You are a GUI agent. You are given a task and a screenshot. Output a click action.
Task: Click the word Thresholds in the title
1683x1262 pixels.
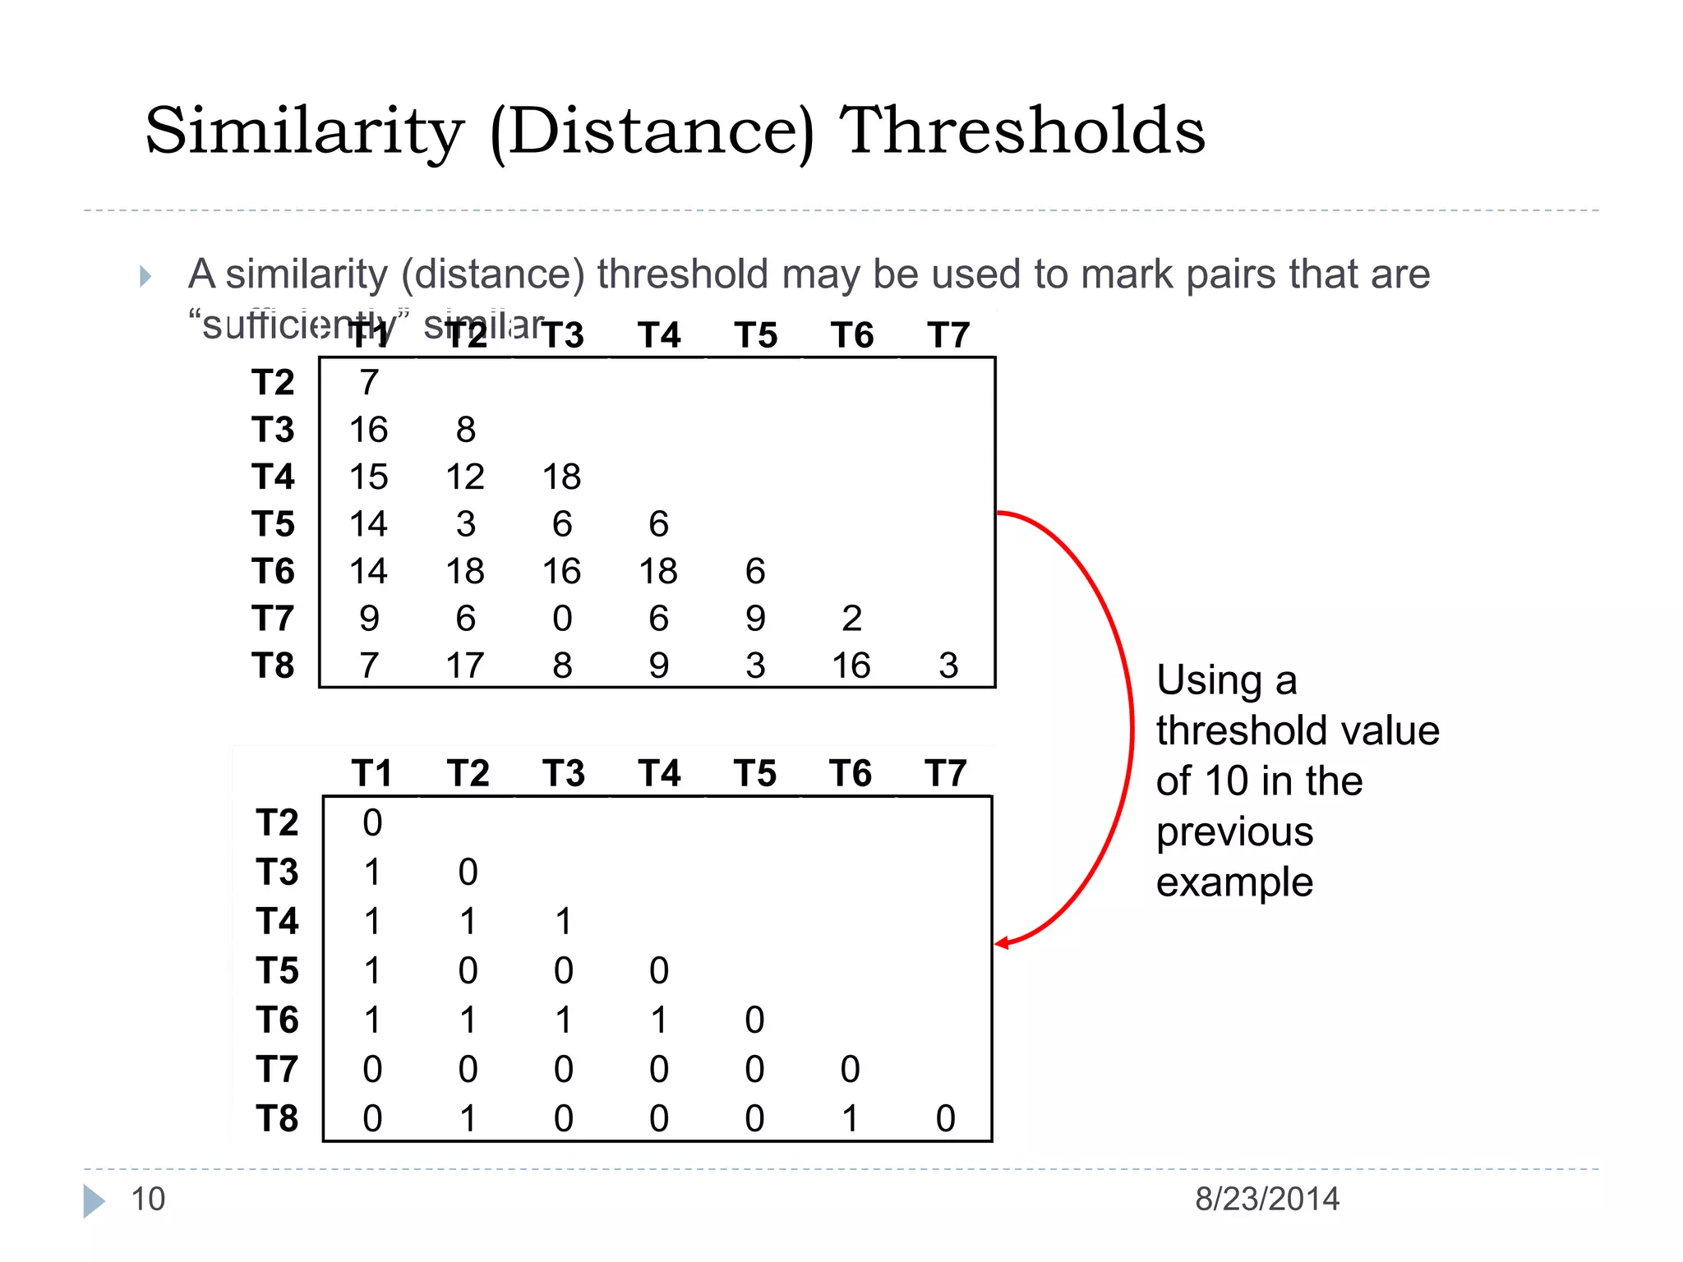pos(1022,131)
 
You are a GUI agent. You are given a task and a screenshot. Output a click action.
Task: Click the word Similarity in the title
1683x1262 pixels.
pos(304,131)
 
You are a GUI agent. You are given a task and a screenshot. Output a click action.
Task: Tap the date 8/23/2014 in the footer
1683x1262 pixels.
pos(1267,1200)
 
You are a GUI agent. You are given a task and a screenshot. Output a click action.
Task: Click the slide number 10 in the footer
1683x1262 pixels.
pos(148,1200)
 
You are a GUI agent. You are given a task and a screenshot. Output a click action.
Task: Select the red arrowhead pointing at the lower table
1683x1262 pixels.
pos(1003,943)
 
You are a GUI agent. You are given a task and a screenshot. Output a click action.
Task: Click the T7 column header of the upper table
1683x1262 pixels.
pos(948,335)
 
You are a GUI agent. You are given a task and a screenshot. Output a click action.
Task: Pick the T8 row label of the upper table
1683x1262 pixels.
pos(273,666)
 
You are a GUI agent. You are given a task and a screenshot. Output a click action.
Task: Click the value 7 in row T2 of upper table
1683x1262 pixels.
pos(369,383)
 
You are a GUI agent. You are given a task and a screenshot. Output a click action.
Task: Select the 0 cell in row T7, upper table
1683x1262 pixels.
pos(562,619)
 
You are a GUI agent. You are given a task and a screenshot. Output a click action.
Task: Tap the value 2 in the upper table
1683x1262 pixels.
pos(851,619)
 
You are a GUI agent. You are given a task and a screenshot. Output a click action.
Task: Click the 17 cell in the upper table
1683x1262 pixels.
pos(465,666)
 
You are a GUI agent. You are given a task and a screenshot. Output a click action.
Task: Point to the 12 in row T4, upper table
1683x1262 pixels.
pos(465,477)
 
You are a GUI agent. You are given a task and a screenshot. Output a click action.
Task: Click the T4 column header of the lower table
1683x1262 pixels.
pos(660,774)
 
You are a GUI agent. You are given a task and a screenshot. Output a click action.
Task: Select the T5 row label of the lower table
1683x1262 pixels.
pos(277,971)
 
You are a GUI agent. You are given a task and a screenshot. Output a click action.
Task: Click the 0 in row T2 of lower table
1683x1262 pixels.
pos(372,823)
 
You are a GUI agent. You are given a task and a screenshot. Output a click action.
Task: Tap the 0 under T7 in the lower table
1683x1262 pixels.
pos(946,1119)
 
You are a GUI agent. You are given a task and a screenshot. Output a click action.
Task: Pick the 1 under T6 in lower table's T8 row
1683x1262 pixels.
pos(850,1119)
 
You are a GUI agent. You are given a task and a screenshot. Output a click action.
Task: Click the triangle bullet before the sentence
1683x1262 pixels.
pos(145,276)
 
